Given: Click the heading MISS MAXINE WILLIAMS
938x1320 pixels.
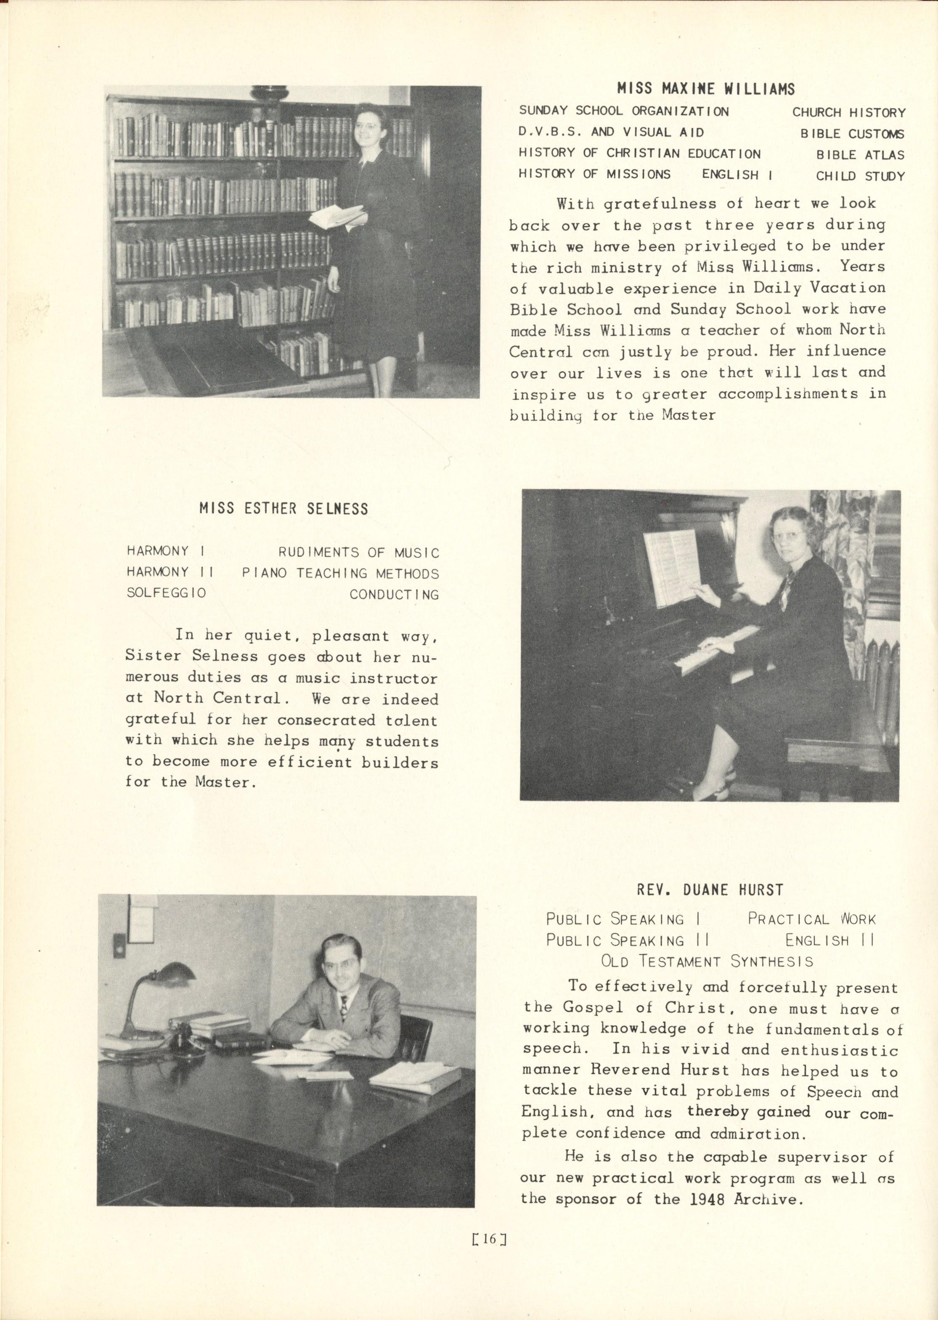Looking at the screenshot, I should click(706, 89).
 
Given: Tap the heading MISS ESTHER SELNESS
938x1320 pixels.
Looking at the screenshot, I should click(283, 508).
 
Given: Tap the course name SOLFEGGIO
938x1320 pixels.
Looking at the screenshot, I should click(166, 593).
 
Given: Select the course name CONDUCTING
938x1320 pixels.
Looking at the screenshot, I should click(394, 595).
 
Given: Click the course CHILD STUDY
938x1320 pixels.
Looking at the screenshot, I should click(860, 176).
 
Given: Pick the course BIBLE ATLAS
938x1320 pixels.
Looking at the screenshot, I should click(860, 155).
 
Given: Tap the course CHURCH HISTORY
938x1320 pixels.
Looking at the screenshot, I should click(848, 113).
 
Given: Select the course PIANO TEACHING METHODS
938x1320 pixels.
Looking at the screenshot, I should click(340, 574).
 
